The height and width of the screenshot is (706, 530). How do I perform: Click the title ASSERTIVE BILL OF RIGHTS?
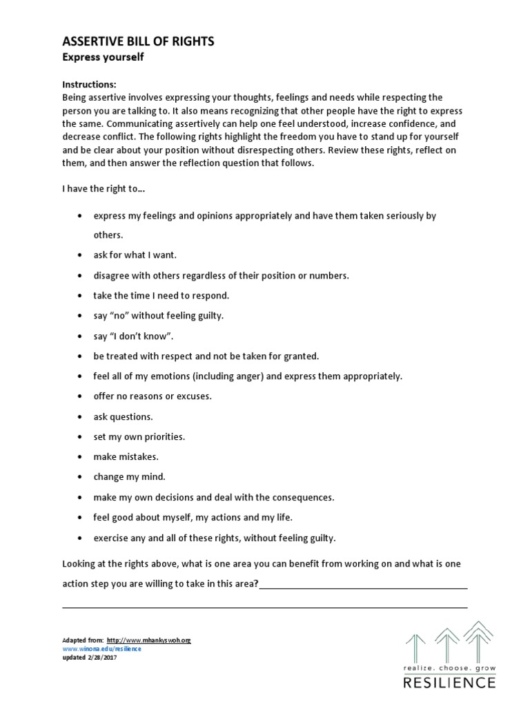(138, 41)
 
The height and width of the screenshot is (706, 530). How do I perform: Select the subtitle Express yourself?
(104, 58)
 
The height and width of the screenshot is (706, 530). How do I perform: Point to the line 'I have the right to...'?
(104, 189)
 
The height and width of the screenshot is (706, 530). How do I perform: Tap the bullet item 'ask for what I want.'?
(135, 255)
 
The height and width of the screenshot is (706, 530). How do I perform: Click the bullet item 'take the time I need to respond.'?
(161, 295)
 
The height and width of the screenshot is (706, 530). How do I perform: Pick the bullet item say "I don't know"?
(132, 336)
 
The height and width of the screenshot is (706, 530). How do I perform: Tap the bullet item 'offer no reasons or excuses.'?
(153, 396)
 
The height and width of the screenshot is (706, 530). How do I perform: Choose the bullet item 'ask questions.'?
(124, 416)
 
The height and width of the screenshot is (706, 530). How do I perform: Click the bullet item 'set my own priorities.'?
(139, 437)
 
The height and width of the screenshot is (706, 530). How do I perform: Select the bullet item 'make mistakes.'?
(126, 457)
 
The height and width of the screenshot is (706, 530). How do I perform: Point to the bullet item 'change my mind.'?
(130, 477)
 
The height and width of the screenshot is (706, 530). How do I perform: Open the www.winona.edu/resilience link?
(101, 649)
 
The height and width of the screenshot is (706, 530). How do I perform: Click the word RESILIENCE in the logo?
(449, 683)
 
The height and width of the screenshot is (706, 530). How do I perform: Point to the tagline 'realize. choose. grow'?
(449, 668)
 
